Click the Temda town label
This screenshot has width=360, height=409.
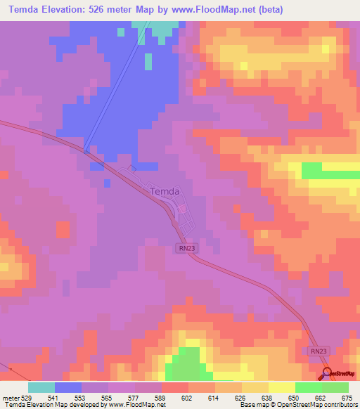coord(166,191)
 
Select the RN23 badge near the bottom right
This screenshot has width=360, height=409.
coord(319,351)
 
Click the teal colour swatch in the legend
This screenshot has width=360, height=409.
coord(41,387)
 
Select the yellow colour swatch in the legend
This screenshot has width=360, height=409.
coord(282,387)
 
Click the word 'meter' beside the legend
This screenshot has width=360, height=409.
coord(11,398)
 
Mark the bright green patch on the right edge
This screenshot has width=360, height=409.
coord(330,171)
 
